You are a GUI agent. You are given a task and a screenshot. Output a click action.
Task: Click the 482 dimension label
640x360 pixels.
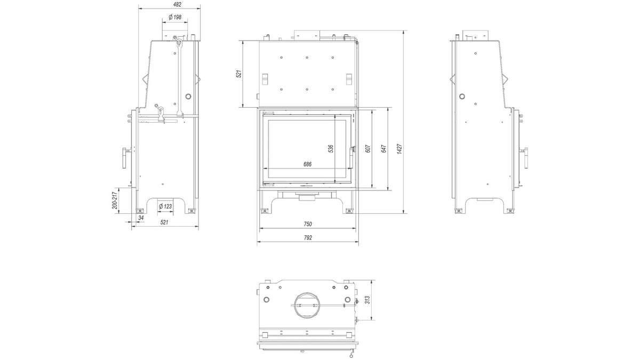177,5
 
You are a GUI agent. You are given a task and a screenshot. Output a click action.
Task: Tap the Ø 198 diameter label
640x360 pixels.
175,17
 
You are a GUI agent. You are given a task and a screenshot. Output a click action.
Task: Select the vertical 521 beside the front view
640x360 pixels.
239,74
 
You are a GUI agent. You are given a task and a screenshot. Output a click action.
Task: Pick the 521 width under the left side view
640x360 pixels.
164,222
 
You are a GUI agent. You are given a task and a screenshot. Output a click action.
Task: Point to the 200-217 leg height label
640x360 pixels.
115,201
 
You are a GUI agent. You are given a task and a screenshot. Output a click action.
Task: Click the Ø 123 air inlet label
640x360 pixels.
165,206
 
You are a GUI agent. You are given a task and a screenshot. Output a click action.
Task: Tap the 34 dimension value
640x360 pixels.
141,218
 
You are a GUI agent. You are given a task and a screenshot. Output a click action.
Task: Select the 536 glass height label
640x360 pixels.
331,149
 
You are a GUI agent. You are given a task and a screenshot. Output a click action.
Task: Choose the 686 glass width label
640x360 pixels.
307,164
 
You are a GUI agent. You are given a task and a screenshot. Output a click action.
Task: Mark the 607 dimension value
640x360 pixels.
368,149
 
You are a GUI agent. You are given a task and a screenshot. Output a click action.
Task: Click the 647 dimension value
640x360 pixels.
383,149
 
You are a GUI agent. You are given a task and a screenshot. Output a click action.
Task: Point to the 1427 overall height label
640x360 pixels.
399,149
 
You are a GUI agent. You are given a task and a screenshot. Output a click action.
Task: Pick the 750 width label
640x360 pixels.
307,225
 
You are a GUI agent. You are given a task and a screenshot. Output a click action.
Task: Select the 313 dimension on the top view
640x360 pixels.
367,300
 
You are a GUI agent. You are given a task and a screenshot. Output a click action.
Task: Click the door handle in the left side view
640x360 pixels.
125,158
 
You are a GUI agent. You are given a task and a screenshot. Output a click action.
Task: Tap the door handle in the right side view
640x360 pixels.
525,158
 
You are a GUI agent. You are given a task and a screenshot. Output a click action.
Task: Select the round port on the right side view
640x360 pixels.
462,97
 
